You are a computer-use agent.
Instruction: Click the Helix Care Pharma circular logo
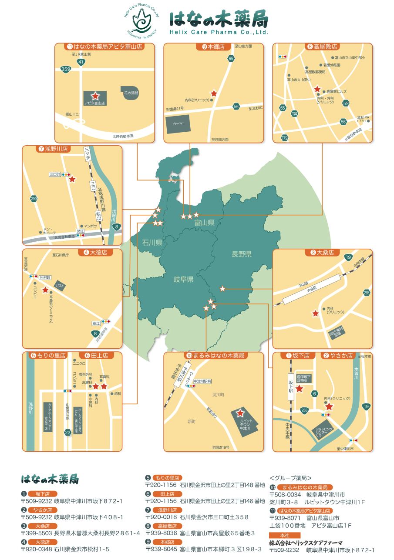click(141, 21)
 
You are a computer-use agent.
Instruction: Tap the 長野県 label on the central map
click(242, 254)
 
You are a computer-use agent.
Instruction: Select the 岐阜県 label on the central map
click(183, 279)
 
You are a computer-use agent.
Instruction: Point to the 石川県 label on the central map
click(152, 243)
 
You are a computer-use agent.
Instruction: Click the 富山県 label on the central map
click(204, 223)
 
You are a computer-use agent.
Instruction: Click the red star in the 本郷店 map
click(214, 93)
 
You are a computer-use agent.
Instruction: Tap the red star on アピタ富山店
click(95, 96)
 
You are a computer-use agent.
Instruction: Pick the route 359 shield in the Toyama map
click(66, 69)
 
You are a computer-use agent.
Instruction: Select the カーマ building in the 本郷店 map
click(178, 123)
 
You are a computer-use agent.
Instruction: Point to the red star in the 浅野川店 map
click(72, 179)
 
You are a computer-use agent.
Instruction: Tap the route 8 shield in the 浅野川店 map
click(116, 227)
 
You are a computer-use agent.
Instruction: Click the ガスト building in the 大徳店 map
click(60, 285)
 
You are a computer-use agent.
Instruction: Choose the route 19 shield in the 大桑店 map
click(348, 257)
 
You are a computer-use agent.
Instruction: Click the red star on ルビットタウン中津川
click(239, 413)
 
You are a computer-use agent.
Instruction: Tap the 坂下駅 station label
click(291, 386)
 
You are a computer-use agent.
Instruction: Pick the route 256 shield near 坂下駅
click(305, 410)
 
